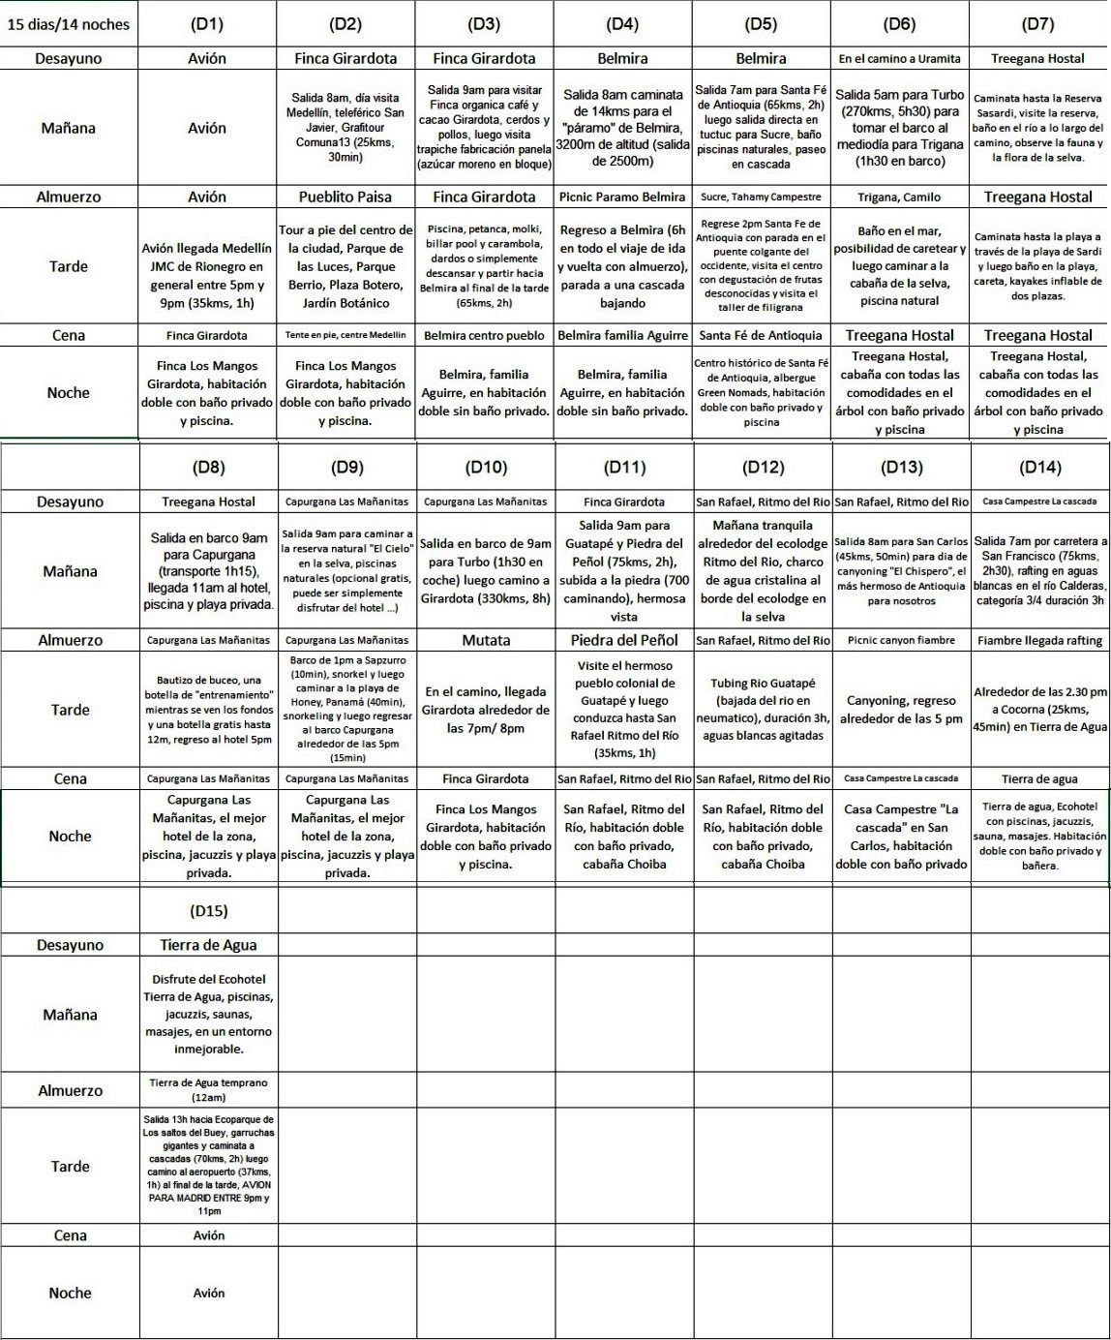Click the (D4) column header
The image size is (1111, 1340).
click(622, 24)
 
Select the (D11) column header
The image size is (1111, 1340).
click(624, 468)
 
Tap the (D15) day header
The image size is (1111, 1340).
click(208, 911)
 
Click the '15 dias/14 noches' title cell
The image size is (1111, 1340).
click(69, 24)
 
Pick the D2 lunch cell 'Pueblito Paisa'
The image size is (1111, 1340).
click(346, 197)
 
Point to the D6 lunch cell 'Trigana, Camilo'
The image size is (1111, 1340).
click(900, 197)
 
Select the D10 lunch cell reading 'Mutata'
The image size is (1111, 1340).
click(486, 640)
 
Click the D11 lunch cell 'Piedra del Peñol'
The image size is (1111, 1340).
click(624, 640)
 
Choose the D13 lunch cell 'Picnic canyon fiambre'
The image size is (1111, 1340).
click(901, 640)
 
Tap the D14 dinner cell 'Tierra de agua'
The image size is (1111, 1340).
click(1039, 778)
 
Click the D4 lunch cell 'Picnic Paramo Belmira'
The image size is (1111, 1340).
click(622, 197)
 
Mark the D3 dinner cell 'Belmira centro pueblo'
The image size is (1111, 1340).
click(484, 335)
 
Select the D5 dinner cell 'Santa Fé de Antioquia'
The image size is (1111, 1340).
click(761, 335)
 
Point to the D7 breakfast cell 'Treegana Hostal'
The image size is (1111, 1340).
click(1038, 58)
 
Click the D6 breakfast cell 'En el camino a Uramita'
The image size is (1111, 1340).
click(900, 58)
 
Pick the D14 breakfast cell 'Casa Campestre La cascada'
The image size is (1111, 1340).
click(1039, 502)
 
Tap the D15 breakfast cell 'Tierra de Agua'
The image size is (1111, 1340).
click(208, 945)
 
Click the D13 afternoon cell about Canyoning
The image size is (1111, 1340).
click(901, 710)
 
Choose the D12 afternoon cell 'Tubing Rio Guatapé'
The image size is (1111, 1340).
click(763, 710)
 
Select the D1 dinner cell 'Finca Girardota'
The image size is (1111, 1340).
click(207, 335)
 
